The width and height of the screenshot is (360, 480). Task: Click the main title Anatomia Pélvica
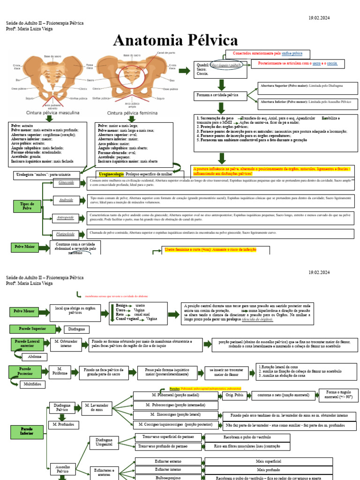pyautogui.click(x=176, y=41)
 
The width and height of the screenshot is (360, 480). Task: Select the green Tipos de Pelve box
pyautogui.click(x=27, y=206)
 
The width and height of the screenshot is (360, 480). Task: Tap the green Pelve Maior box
pyautogui.click(x=24, y=247)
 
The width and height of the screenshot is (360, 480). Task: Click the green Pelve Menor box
pyautogui.click(x=24, y=311)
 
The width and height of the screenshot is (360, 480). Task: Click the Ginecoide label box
pyautogui.click(x=66, y=183)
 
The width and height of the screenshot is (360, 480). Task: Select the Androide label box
pyautogui.click(x=66, y=200)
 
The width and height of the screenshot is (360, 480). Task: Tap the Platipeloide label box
pyautogui.click(x=66, y=233)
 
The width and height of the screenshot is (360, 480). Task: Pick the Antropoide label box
pyautogui.click(x=66, y=217)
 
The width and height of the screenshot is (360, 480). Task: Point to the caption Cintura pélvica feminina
pyautogui.click(x=133, y=113)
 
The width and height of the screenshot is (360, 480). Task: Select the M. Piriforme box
pyautogui.click(x=60, y=372)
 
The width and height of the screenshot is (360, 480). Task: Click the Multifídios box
pyautogui.click(x=32, y=384)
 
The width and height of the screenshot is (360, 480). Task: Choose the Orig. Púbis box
pyautogui.click(x=236, y=396)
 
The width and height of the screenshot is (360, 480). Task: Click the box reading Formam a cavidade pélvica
pyautogui.click(x=217, y=96)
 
